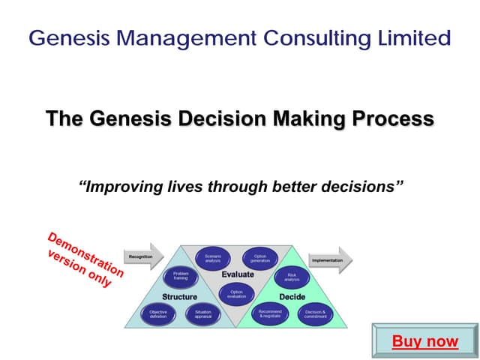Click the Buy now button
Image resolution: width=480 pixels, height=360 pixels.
[424, 341]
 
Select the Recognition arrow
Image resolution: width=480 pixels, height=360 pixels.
[143, 256]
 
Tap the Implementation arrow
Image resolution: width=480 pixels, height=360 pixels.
[330, 260]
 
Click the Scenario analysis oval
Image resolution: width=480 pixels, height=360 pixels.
[212, 258]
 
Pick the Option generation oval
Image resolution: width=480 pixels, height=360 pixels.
[259, 258]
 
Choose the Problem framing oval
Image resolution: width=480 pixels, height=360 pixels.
[181, 277]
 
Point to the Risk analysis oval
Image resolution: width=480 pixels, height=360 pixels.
[292, 277]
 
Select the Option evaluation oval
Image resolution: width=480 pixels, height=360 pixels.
[236, 294]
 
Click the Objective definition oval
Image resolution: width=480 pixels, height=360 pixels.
[158, 314]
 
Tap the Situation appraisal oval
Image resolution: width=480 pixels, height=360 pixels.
[203, 314]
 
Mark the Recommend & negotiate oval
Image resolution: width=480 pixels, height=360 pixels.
[269, 314]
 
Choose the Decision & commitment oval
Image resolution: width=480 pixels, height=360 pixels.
[314, 314]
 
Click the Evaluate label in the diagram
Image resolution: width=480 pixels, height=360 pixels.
[237, 274]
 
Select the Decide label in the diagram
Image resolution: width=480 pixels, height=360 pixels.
[292, 296]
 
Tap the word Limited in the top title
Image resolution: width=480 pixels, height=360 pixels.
[411, 37]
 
